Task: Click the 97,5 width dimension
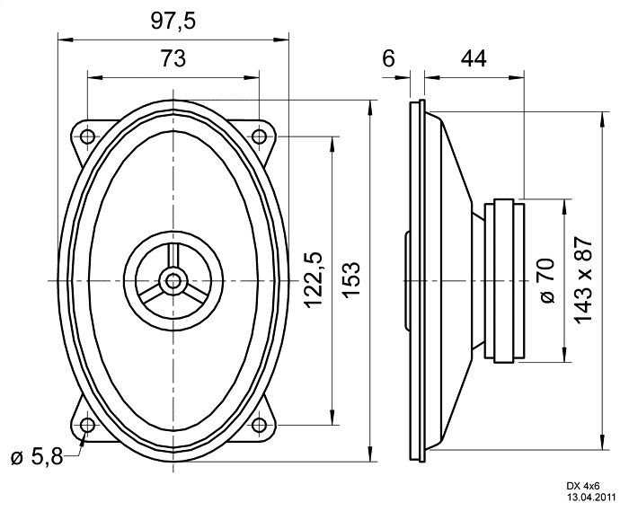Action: pos(173,22)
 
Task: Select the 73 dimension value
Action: pos(173,58)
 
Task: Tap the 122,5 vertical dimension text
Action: pos(313,280)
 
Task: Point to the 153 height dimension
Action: pos(352,279)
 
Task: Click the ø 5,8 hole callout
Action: pos(37,457)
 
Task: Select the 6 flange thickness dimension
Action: pos(388,58)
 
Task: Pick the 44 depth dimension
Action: pos(474,58)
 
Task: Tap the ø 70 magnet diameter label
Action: pos(546,280)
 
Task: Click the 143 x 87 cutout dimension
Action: pos(583,279)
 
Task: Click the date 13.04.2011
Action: pos(590,498)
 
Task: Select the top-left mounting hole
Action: pos(87,137)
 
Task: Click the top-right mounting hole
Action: pos(259,137)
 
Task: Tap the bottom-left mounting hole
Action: pos(87,425)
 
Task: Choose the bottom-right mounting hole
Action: pos(259,425)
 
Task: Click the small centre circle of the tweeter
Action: pos(173,280)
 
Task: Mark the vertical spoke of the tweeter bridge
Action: pos(173,256)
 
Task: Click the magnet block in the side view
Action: pos(504,280)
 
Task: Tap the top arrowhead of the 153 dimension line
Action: pos(370,106)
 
